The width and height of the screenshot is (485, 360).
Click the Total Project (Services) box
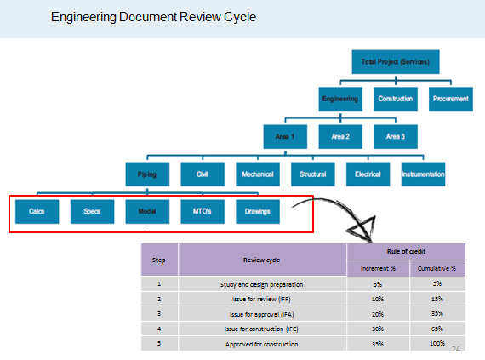(395, 62)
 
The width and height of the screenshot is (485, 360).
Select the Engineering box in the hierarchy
(341, 99)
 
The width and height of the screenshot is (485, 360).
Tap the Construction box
(396, 99)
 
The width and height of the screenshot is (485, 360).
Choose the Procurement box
(450, 99)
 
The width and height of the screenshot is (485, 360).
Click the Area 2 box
(340, 136)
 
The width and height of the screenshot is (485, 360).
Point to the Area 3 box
(396, 136)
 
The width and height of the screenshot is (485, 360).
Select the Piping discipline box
(147, 174)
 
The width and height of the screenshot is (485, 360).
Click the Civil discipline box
(203, 174)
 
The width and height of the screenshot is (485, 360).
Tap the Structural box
(312, 174)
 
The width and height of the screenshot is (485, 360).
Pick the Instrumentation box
(423, 174)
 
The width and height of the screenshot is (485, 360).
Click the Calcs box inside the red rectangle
(37, 210)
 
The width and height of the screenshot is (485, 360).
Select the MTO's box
(203, 210)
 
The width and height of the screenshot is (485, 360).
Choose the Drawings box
(257, 210)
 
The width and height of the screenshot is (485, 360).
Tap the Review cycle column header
(262, 260)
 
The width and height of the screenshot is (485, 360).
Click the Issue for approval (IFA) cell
(262, 313)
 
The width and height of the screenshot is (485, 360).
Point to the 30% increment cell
(377, 329)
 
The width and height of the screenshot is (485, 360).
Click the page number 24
(455, 349)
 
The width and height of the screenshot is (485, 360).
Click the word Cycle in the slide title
(239, 17)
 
